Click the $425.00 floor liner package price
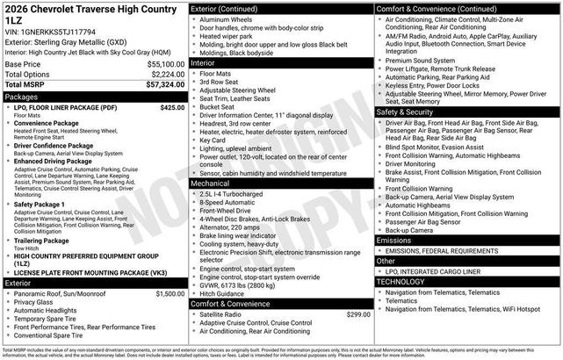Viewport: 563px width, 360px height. pos(171,107)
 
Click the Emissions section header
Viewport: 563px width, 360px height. pos(394,240)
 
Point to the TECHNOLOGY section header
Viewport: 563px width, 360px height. pos(401,281)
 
